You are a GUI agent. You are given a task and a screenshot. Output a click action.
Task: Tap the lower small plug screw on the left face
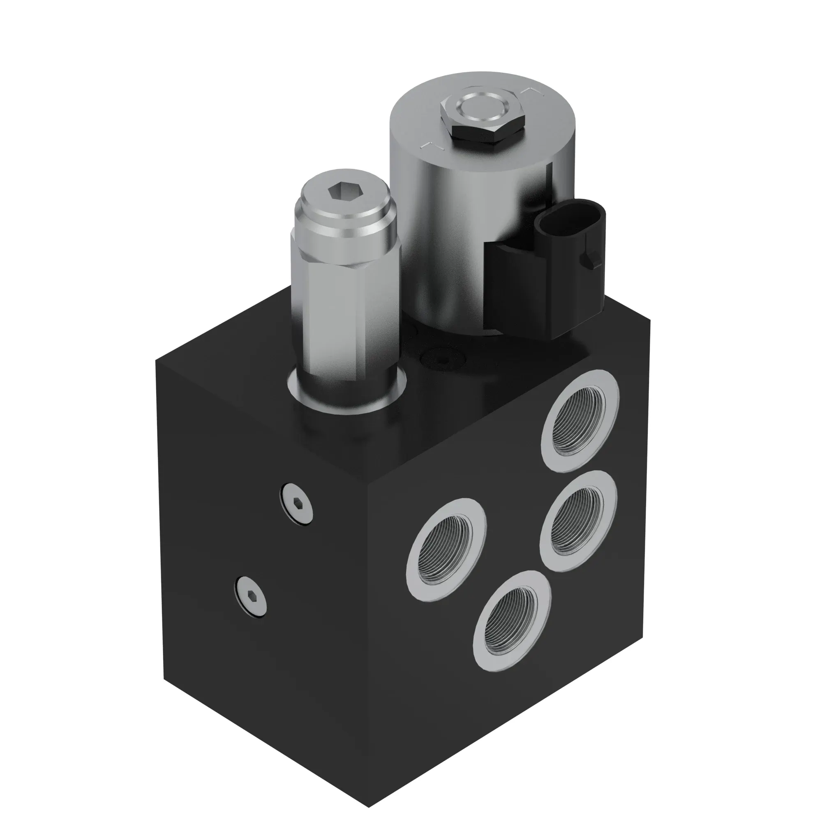251,597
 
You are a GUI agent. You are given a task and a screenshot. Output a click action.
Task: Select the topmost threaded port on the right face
580,422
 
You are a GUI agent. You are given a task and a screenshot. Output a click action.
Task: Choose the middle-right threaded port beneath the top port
578,521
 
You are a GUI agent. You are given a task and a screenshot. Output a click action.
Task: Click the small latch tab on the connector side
592,258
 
